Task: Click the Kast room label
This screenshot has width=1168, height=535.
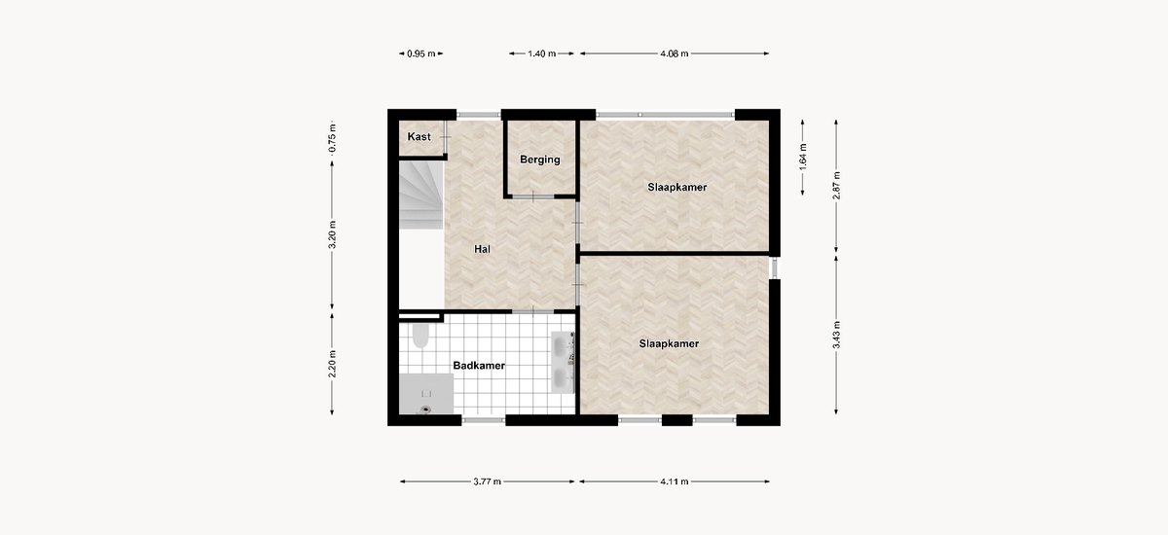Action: tap(420, 136)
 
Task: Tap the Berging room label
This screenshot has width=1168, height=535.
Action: tap(540, 160)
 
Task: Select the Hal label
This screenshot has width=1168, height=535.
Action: tap(483, 249)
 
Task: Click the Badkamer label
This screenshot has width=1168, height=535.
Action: tap(479, 365)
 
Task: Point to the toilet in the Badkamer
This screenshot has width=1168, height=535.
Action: tap(420, 336)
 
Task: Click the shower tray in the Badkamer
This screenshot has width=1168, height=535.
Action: tap(426, 394)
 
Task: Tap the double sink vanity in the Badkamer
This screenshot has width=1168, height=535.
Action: tap(564, 362)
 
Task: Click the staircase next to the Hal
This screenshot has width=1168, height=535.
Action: tap(421, 195)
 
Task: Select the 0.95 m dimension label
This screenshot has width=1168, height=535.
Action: tap(421, 53)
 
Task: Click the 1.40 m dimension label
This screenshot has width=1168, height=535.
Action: tap(542, 53)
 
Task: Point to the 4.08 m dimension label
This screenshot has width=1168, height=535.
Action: tap(675, 53)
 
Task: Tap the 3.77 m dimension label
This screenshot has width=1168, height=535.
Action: tap(487, 481)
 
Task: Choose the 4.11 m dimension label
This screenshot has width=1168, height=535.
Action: tap(675, 481)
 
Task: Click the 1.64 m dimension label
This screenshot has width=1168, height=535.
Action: tap(803, 157)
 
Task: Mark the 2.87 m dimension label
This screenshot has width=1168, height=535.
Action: tap(836, 186)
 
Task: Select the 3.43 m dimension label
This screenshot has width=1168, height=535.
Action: tap(836, 335)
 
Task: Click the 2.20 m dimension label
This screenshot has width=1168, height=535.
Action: tap(332, 364)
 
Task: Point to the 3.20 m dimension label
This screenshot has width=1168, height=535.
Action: tap(332, 235)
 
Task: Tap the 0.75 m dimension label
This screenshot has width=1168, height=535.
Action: tap(332, 138)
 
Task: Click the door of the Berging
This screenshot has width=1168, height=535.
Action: tap(533, 196)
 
